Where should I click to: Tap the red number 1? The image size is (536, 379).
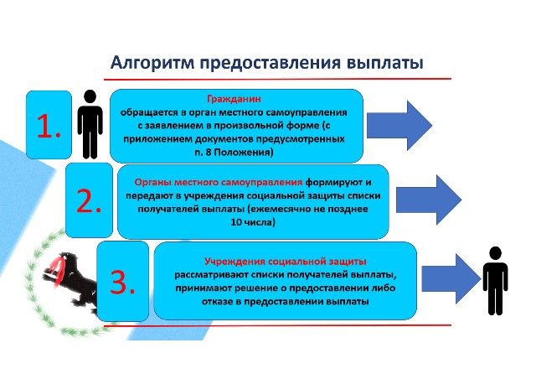(x=49, y=125)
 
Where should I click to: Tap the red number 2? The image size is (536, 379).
(x=89, y=200)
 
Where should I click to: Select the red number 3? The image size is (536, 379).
(x=122, y=283)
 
